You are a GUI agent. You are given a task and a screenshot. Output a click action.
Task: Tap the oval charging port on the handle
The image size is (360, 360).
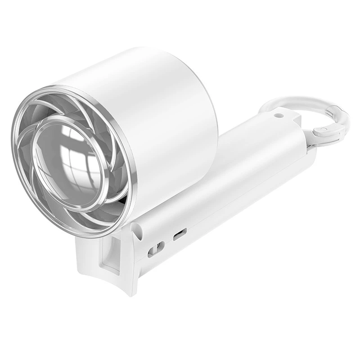[x=180, y=234]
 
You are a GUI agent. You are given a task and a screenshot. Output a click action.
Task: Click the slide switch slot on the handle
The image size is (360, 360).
[x=156, y=248]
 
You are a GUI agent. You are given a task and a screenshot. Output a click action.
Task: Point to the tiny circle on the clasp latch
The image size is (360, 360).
[x=323, y=130]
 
